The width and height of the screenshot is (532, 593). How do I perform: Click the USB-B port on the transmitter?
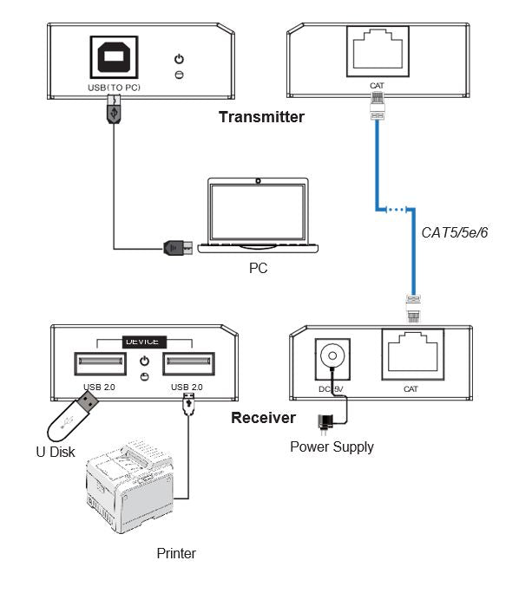115,57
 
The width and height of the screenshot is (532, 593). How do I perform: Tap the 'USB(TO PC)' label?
115,87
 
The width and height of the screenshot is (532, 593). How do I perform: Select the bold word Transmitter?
261,117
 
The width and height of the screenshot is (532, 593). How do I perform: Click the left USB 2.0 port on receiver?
96,362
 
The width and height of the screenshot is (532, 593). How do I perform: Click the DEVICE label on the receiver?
143,341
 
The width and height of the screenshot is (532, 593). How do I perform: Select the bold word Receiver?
263,418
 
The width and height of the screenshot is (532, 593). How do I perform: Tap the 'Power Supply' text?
332,447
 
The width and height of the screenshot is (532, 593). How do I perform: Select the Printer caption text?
176,553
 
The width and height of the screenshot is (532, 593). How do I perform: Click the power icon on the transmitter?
179,59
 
